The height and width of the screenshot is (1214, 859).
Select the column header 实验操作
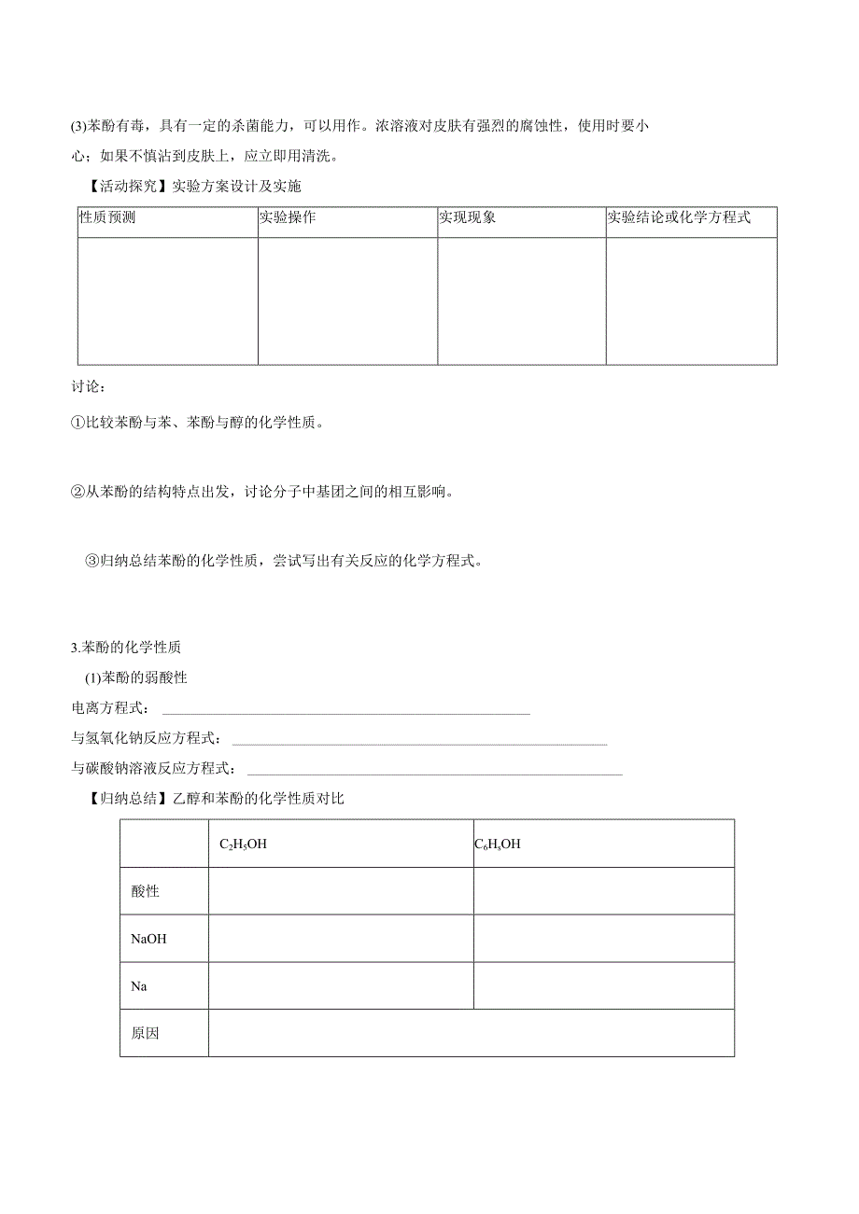[x=287, y=217]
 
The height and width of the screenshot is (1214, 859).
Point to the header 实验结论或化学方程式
[x=679, y=217]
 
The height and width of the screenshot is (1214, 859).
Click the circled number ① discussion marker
[x=78, y=423]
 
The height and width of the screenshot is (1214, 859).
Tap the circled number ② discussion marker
[x=78, y=492]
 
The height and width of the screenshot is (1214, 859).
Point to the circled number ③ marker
[x=92, y=561]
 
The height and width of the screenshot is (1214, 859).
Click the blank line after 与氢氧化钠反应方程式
[x=419, y=741]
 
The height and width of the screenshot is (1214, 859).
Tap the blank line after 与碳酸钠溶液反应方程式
[x=434, y=771]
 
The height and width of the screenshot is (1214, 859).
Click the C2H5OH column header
[x=243, y=844]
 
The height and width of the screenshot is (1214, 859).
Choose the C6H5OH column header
[x=498, y=844]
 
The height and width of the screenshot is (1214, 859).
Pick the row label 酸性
[x=146, y=891]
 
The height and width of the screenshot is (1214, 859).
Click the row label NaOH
[x=148, y=939]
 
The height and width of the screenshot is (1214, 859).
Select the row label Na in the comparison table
[x=139, y=985]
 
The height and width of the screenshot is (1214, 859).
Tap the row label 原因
[x=146, y=1033]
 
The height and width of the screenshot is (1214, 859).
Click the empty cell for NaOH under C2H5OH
[x=341, y=939]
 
